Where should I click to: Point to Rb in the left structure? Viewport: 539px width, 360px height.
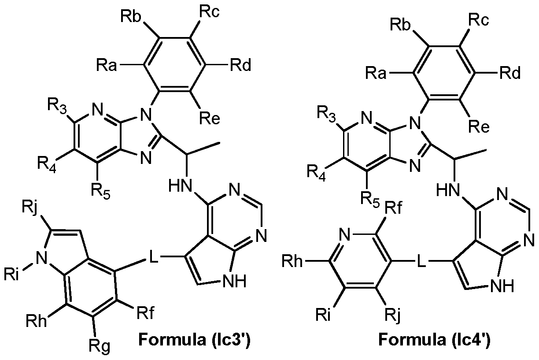click(131, 19)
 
